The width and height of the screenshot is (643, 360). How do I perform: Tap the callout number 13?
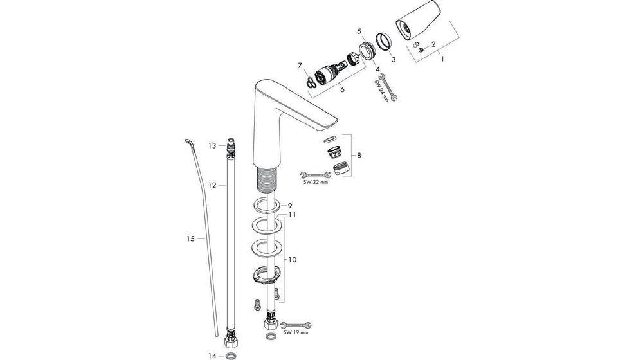click(212, 146)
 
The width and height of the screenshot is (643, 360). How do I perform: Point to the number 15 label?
click(190, 239)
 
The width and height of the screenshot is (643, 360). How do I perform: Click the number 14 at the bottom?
click(212, 355)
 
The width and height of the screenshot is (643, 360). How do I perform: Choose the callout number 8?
click(359, 155)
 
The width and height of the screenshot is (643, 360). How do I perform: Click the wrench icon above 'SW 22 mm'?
click(313, 173)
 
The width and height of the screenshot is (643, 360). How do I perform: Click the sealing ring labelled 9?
click(264, 206)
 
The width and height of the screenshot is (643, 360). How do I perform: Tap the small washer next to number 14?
click(230, 355)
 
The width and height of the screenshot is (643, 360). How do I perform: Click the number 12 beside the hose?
click(212, 185)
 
